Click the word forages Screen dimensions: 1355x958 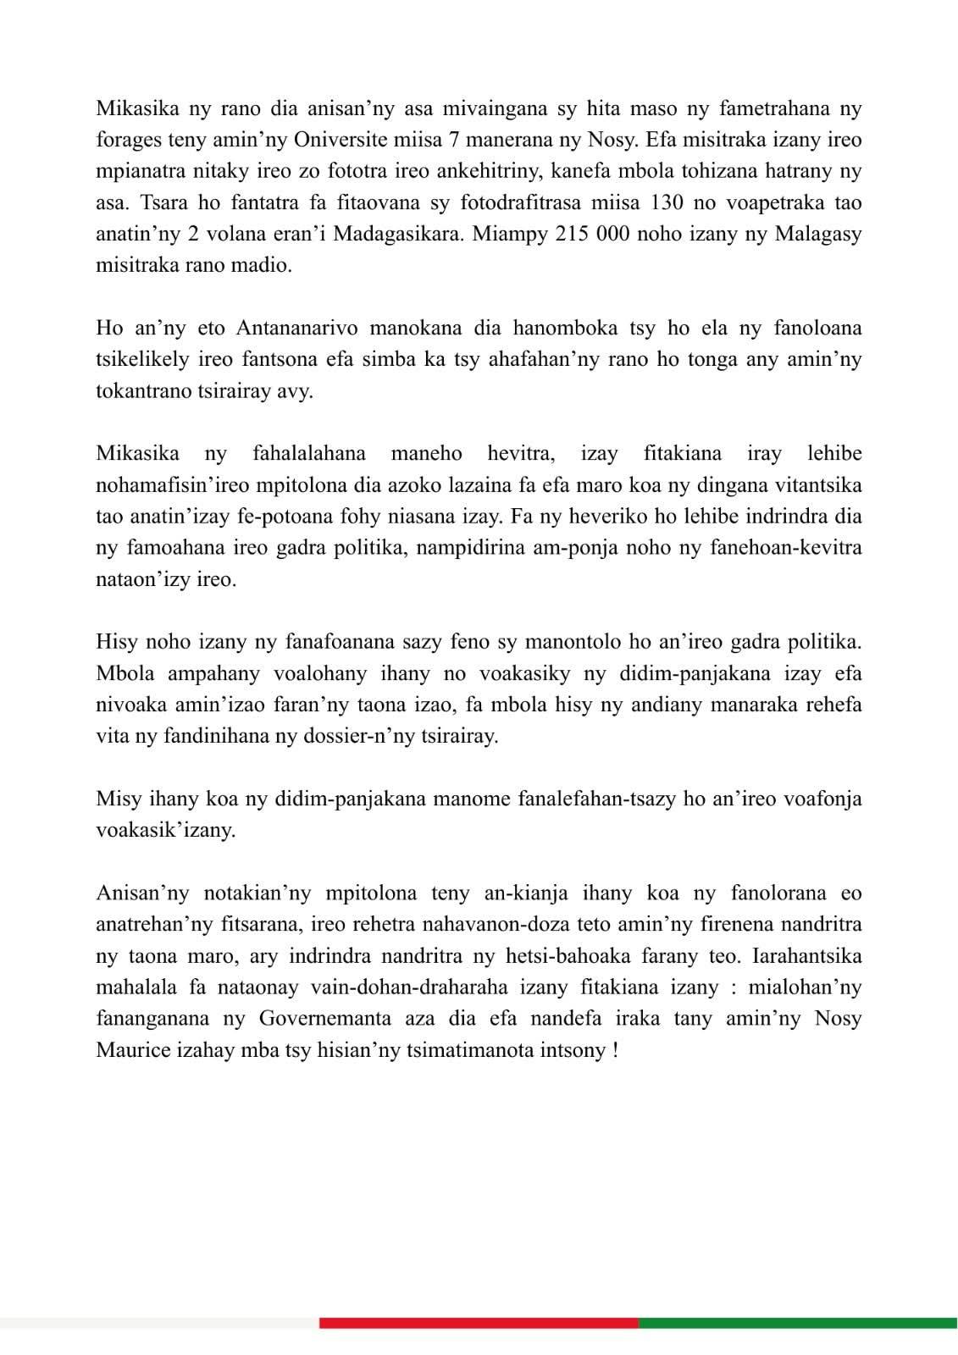click(x=128, y=140)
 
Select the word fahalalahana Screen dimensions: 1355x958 click(x=309, y=454)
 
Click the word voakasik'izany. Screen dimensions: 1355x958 click(x=165, y=830)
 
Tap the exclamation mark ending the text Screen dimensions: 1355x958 click(x=614, y=1050)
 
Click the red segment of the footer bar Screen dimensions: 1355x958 click(x=479, y=1323)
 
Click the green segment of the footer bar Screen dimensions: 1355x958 click(x=797, y=1323)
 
